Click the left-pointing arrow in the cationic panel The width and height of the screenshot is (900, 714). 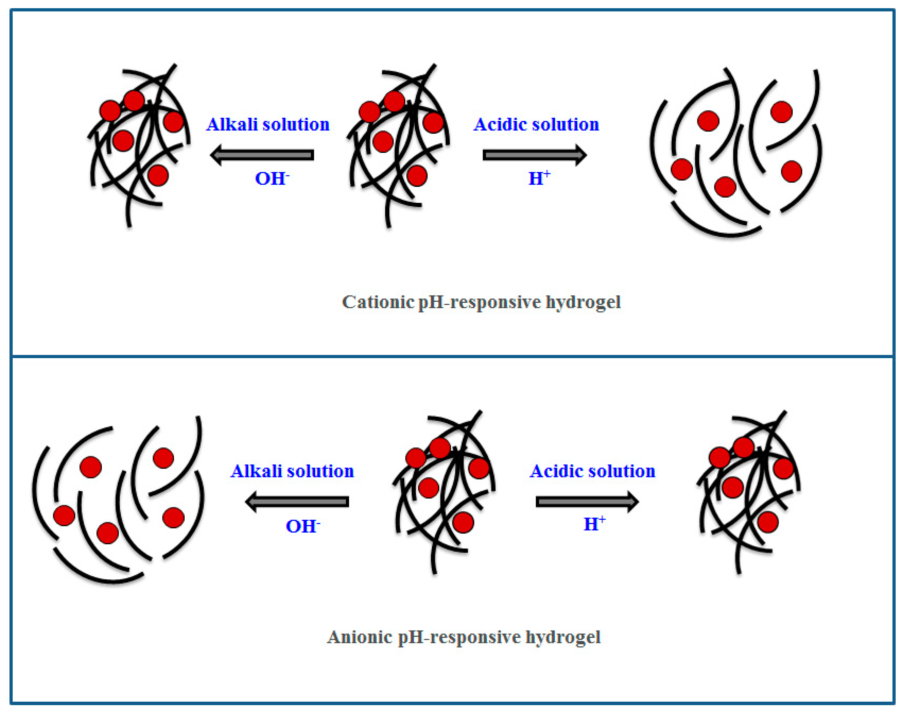click(262, 155)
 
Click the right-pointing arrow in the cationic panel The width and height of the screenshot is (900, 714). click(535, 155)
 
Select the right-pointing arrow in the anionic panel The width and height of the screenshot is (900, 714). click(587, 502)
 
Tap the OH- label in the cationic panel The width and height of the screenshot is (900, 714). click(272, 179)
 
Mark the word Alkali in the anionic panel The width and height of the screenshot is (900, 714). click(255, 471)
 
